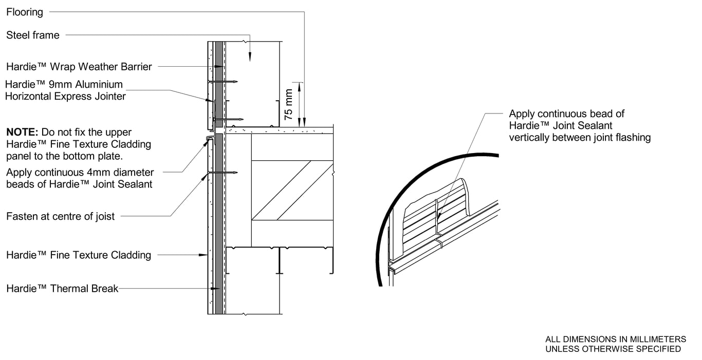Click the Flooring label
coord(25,12)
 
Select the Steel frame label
coord(33,35)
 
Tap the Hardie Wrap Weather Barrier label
coord(79,66)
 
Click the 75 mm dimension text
coord(289,105)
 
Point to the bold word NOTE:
coord(22,132)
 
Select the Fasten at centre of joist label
coord(61,216)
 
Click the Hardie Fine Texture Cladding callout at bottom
coord(79,255)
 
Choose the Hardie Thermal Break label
coord(62,289)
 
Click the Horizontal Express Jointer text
coord(65,96)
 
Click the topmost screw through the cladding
coord(223,82)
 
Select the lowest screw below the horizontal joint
coord(223,173)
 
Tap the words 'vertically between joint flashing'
coord(580,137)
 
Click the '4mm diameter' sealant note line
coord(80,173)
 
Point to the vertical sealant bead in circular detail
coord(437,216)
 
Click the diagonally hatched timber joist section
coord(292,190)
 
